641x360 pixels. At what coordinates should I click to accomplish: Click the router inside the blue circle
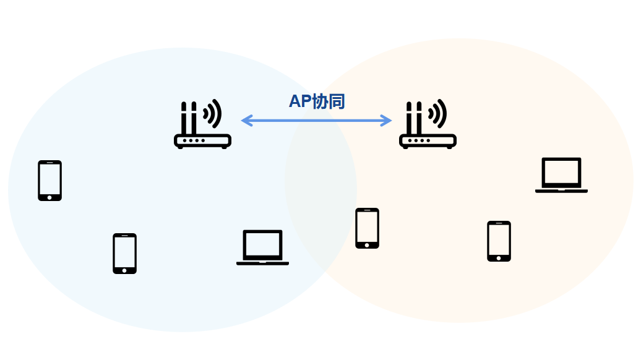coord(202,126)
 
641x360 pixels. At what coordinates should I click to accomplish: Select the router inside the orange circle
coord(428,126)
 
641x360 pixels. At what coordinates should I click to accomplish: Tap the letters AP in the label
coord(300,102)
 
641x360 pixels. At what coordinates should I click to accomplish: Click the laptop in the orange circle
coord(561,175)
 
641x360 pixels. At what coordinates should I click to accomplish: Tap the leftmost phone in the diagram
coord(49,181)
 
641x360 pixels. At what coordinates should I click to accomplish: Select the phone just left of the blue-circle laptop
coord(124,254)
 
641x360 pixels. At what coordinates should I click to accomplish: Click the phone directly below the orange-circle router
coord(367,228)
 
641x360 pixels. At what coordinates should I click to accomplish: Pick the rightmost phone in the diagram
coord(499,241)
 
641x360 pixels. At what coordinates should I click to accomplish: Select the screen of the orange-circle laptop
coord(561,172)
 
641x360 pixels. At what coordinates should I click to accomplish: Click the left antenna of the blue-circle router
coord(184,118)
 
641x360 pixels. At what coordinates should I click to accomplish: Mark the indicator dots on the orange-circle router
coord(418,140)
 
